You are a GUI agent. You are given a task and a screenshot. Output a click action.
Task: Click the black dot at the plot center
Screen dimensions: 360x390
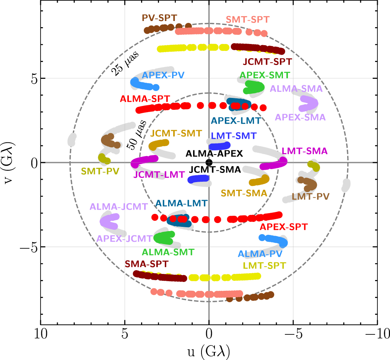[x=209, y=162]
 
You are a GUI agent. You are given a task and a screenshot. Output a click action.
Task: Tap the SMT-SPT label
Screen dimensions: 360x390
[x=247, y=20]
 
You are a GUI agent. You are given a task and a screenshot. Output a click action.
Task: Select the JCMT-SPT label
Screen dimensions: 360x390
[x=267, y=61]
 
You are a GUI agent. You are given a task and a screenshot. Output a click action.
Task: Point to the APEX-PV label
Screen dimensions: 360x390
[x=161, y=75]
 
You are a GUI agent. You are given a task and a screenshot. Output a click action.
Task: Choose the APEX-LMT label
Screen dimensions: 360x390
[x=236, y=121]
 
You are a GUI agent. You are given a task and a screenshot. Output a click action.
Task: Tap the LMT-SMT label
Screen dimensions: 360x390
[x=234, y=135]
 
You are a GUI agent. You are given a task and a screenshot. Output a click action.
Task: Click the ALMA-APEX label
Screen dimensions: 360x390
[x=214, y=154]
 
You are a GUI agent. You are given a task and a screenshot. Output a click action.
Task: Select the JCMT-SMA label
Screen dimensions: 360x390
[x=215, y=169]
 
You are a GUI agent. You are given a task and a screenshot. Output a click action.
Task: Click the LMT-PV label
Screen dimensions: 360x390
[x=310, y=197]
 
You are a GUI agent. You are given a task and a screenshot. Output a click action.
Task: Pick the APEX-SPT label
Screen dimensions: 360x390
[x=283, y=227]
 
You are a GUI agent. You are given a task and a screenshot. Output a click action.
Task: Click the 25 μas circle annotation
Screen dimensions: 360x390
[x=125, y=63]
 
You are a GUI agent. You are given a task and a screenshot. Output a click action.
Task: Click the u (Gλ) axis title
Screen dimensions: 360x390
[x=209, y=350]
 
